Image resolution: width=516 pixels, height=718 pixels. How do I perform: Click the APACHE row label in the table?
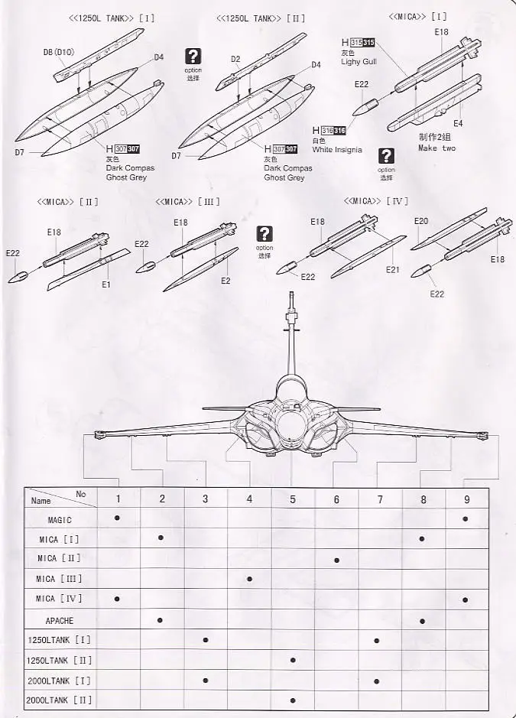point(60,621)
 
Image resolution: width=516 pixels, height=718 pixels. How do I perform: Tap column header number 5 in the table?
point(293,499)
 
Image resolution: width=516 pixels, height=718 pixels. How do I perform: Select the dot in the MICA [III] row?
point(249,579)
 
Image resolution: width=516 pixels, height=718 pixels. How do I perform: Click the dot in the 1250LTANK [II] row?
point(293,660)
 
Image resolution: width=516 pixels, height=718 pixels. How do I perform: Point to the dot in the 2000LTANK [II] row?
point(293,700)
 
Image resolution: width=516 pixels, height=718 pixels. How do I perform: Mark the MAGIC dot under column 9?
point(466,518)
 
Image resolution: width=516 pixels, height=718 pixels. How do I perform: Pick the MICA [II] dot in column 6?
point(336,559)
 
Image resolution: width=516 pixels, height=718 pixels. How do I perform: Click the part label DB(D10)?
point(59,53)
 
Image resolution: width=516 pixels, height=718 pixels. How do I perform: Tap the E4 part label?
point(458,123)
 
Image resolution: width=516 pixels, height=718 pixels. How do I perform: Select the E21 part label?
point(393,270)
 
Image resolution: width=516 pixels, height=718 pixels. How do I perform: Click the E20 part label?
point(421,221)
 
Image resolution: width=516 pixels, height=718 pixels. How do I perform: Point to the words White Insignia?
point(337,150)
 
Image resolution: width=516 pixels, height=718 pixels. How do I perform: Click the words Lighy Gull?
point(359,62)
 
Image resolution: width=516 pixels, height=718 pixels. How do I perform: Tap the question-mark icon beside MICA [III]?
point(264,234)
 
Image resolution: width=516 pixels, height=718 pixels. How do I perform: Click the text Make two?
point(436,148)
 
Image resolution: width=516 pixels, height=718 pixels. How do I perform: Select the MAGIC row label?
point(60,520)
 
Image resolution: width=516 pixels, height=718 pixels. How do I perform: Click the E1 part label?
point(106,284)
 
